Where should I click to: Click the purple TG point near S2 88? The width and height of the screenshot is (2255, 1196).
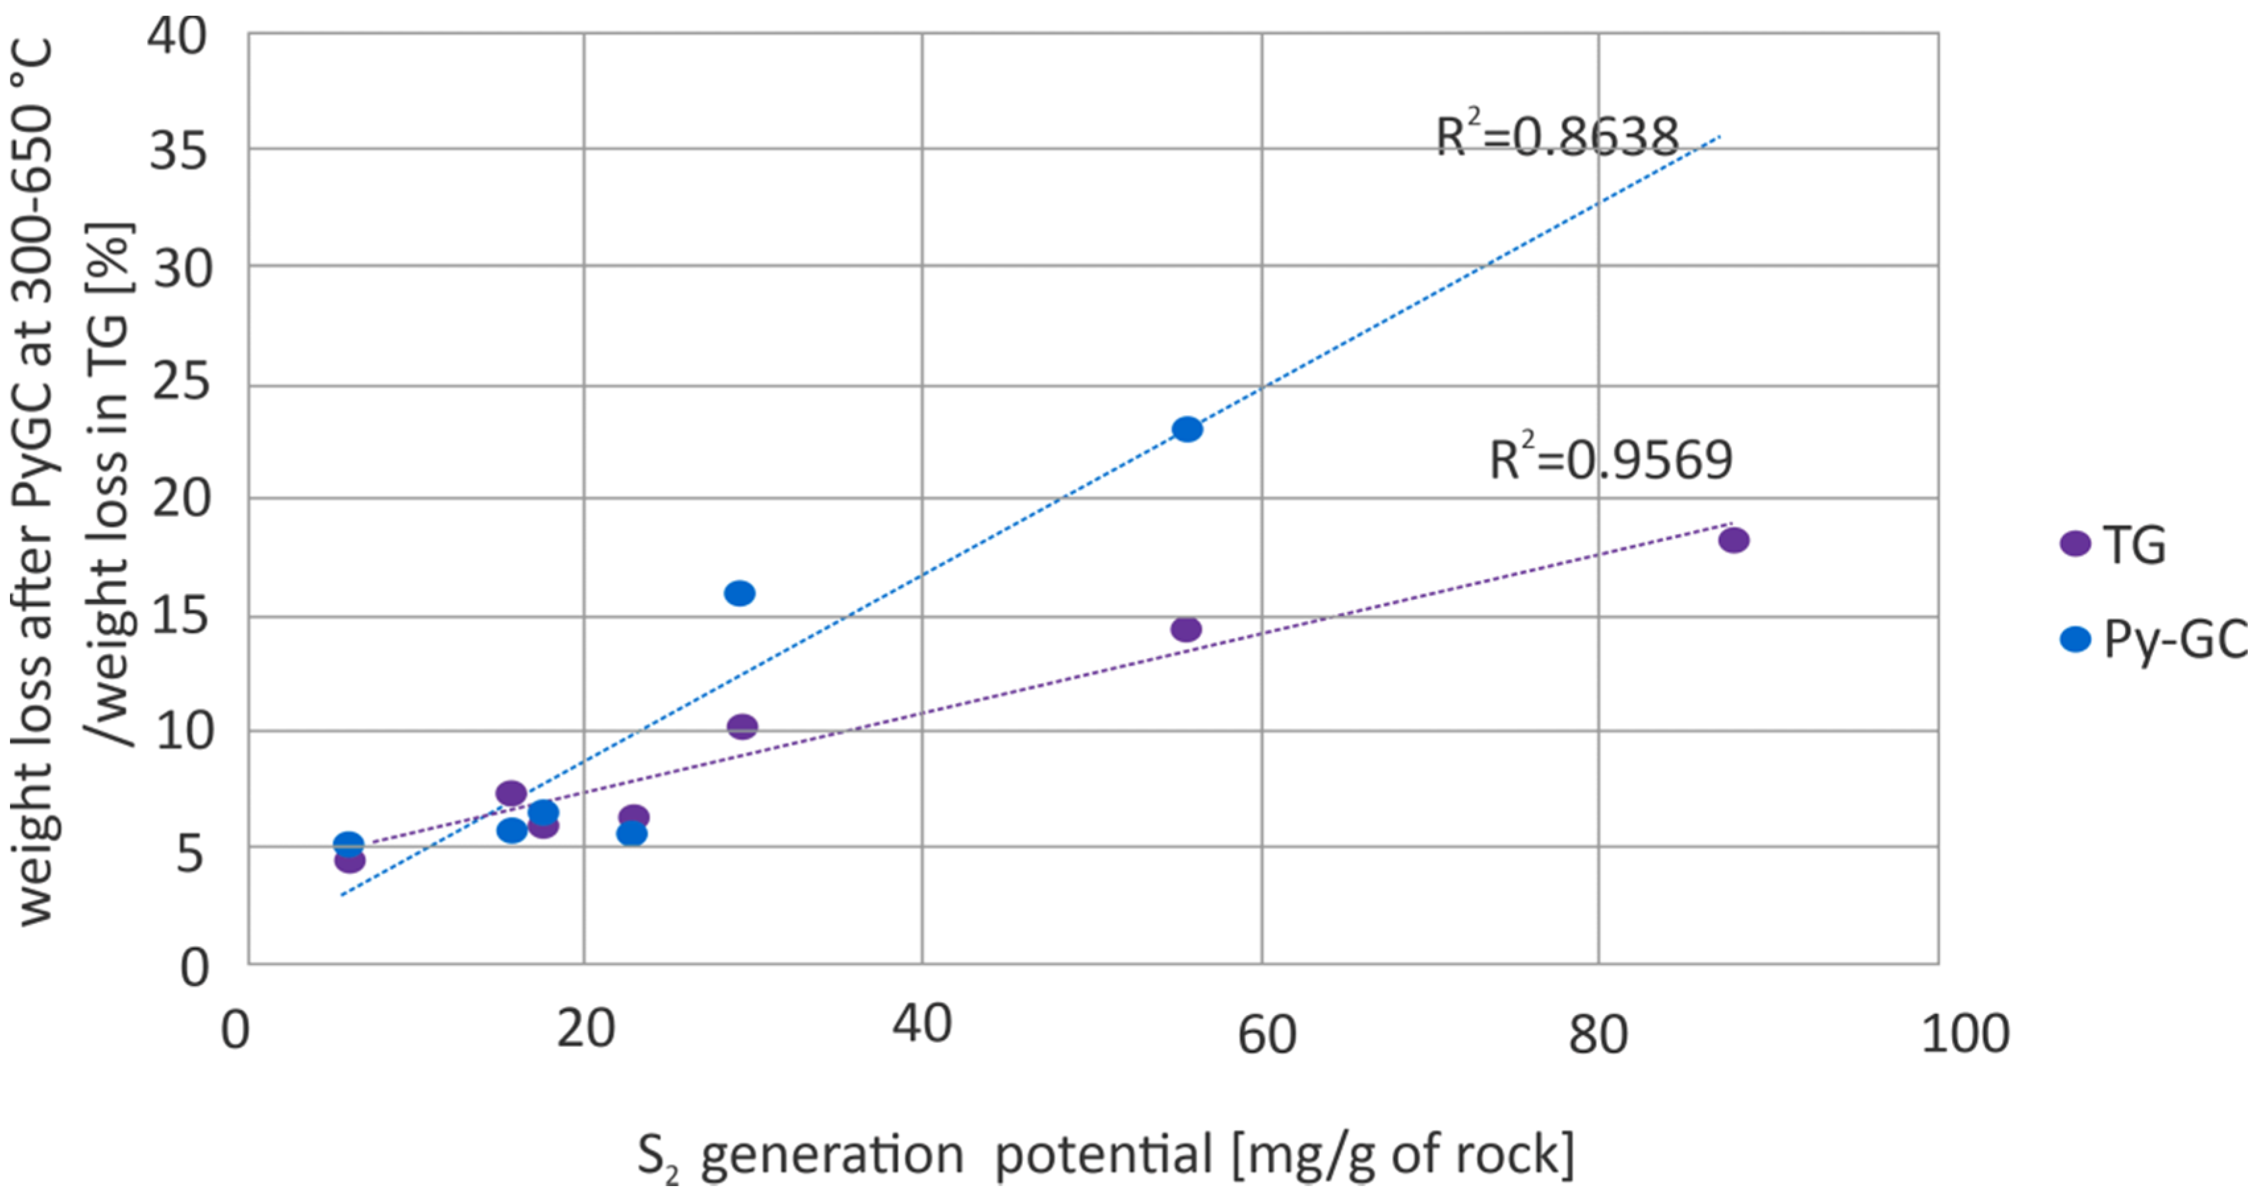pyautogui.click(x=1733, y=540)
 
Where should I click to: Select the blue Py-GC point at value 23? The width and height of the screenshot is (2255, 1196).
pyautogui.click(x=1187, y=429)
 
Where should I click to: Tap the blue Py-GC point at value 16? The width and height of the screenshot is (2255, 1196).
pyautogui.click(x=740, y=593)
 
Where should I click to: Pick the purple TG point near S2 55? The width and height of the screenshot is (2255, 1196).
pyautogui.click(x=1186, y=628)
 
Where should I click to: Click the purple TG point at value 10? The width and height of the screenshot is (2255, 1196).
pyautogui.click(x=742, y=726)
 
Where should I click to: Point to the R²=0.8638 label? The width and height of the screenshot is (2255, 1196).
pyautogui.click(x=1556, y=137)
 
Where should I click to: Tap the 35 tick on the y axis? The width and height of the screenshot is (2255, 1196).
pyautogui.click(x=179, y=150)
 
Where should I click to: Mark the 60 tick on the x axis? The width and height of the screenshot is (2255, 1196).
pyautogui.click(x=1266, y=1035)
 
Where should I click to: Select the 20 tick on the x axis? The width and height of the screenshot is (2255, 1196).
pyautogui.click(x=585, y=1029)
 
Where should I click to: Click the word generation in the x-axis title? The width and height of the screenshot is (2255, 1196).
pyautogui.click(x=832, y=1156)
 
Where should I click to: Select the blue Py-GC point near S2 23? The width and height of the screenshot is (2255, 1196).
pyautogui.click(x=631, y=833)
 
